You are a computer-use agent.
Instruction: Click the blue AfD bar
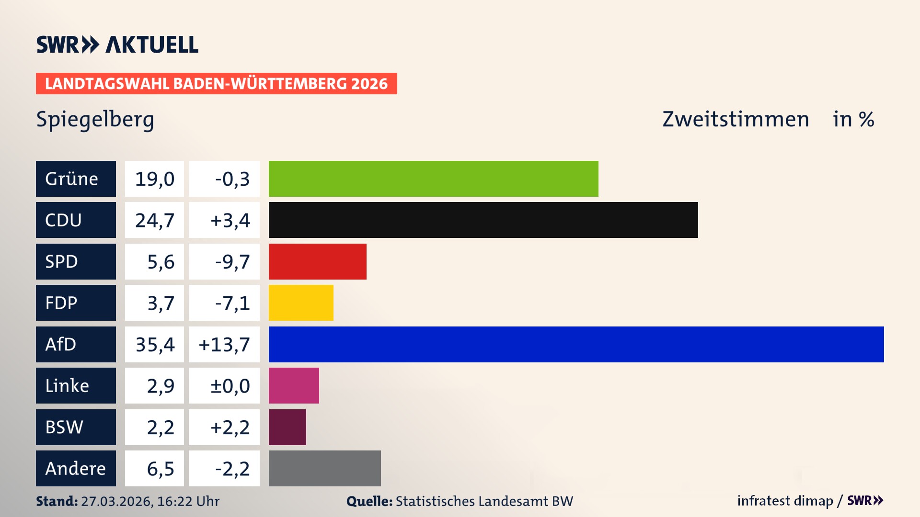(576, 344)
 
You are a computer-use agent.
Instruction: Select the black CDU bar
(483, 220)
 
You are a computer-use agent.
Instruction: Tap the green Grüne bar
(433, 179)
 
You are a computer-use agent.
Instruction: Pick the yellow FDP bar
(301, 303)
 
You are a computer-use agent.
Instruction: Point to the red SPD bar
(317, 261)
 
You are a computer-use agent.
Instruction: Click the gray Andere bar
(324, 468)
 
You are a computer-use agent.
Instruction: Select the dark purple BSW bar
(287, 427)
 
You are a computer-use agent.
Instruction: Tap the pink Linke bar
(294, 385)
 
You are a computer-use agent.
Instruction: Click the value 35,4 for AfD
(155, 344)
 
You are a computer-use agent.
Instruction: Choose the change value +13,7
(224, 344)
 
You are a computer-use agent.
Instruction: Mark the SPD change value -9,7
(232, 261)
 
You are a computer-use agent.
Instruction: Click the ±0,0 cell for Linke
(230, 385)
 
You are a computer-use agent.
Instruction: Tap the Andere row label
(76, 468)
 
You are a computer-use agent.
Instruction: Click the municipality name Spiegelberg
(95, 120)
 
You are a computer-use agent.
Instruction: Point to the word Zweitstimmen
(736, 119)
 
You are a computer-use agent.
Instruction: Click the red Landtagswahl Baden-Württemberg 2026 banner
(216, 84)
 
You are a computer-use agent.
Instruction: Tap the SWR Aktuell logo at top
(117, 45)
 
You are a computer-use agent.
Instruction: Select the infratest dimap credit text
(785, 501)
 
